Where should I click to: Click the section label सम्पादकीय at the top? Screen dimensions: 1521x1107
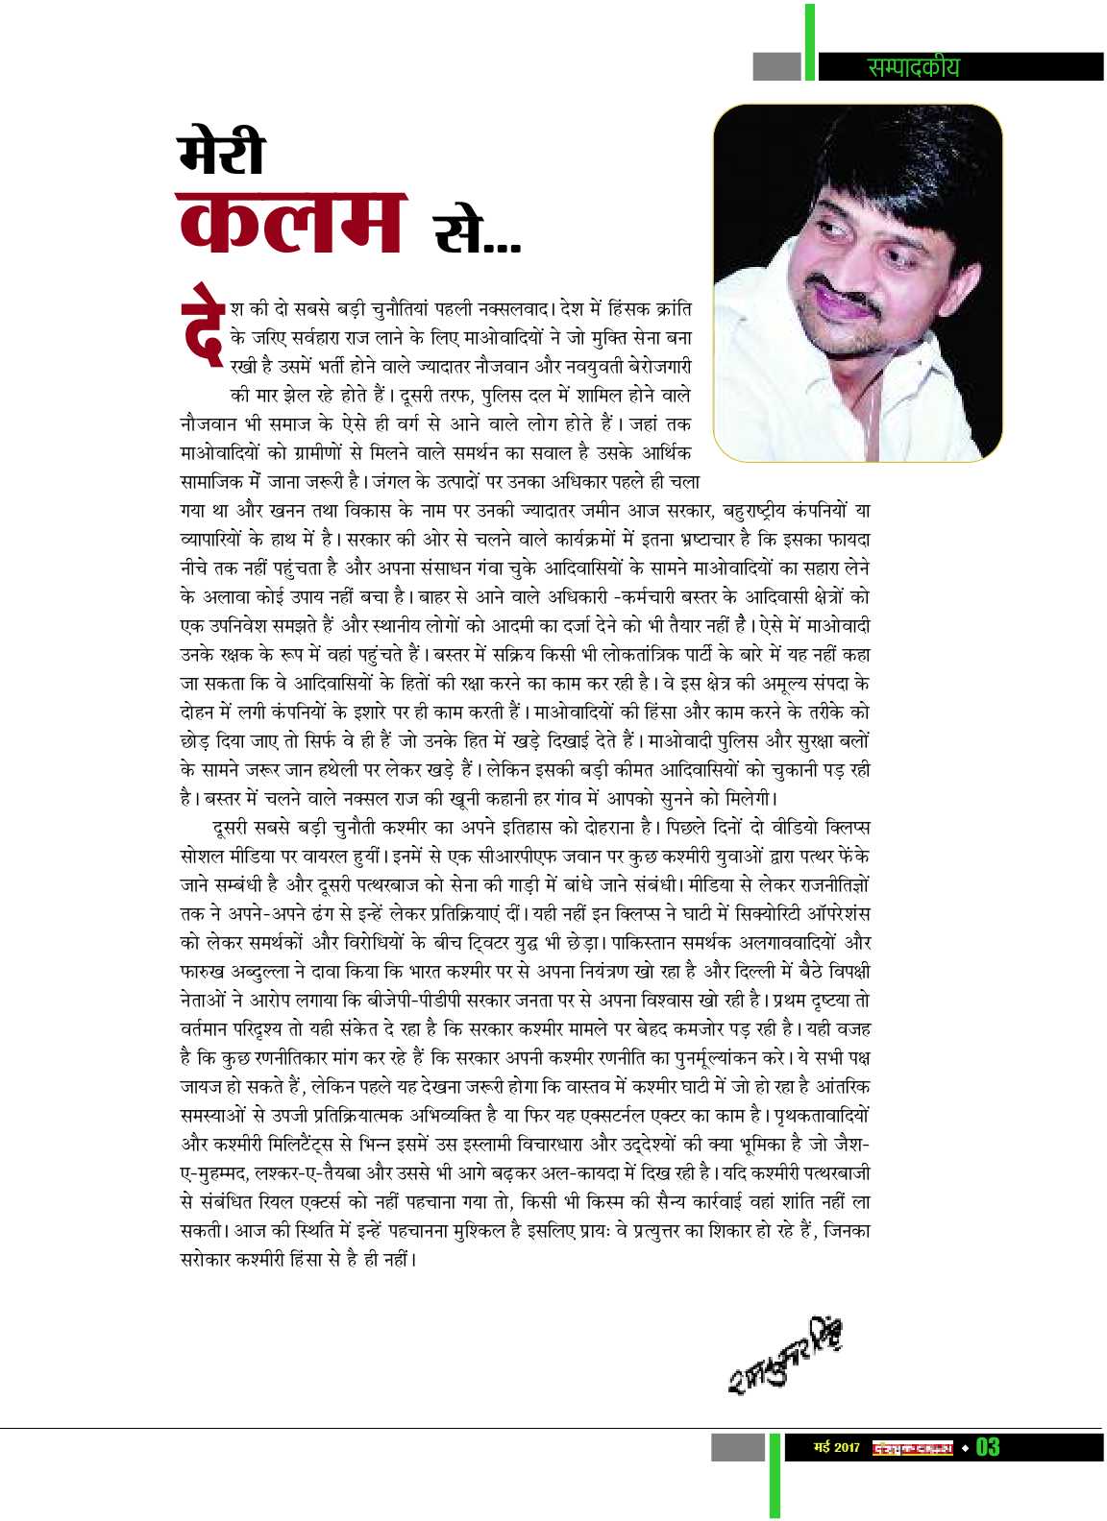tap(913, 67)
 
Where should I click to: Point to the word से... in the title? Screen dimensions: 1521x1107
tap(477, 232)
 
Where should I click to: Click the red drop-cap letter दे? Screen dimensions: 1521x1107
tap(201, 324)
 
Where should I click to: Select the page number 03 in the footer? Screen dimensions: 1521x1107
tap(988, 1447)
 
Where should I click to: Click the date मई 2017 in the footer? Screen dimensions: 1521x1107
tap(835, 1447)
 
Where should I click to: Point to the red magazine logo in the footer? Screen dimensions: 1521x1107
tap(912, 1447)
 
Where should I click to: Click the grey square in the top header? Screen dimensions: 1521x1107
tap(776, 66)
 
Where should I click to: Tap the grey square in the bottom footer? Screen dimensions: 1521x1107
tap(737, 1447)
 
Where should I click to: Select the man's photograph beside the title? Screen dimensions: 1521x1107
tap(857, 282)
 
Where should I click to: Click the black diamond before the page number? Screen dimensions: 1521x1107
tap(966, 1447)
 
